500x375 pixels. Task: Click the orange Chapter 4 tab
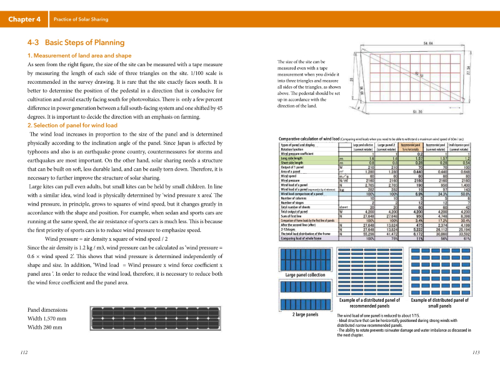(24, 19)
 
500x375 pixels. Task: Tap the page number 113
(476, 352)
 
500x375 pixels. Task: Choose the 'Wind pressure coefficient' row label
(301, 152)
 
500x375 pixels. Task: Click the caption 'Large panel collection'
(305, 292)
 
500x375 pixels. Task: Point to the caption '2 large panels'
(306, 314)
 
